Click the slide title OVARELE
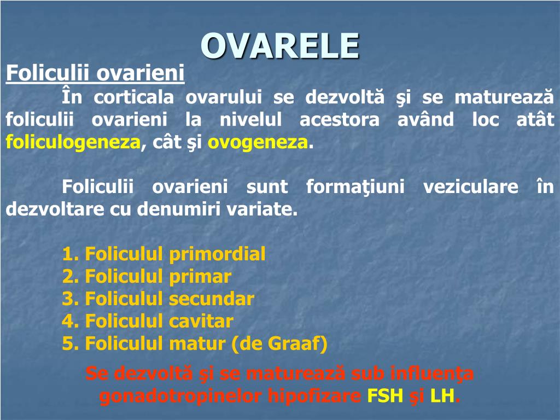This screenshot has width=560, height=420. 280,45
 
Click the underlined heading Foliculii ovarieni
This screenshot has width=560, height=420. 95,73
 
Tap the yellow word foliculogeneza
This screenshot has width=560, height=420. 73,143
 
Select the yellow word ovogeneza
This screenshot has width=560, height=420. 258,143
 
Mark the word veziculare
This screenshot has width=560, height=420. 470,187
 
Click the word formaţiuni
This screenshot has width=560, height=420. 355,187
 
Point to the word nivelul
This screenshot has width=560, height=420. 250,120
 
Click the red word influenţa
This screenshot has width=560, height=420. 433,375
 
